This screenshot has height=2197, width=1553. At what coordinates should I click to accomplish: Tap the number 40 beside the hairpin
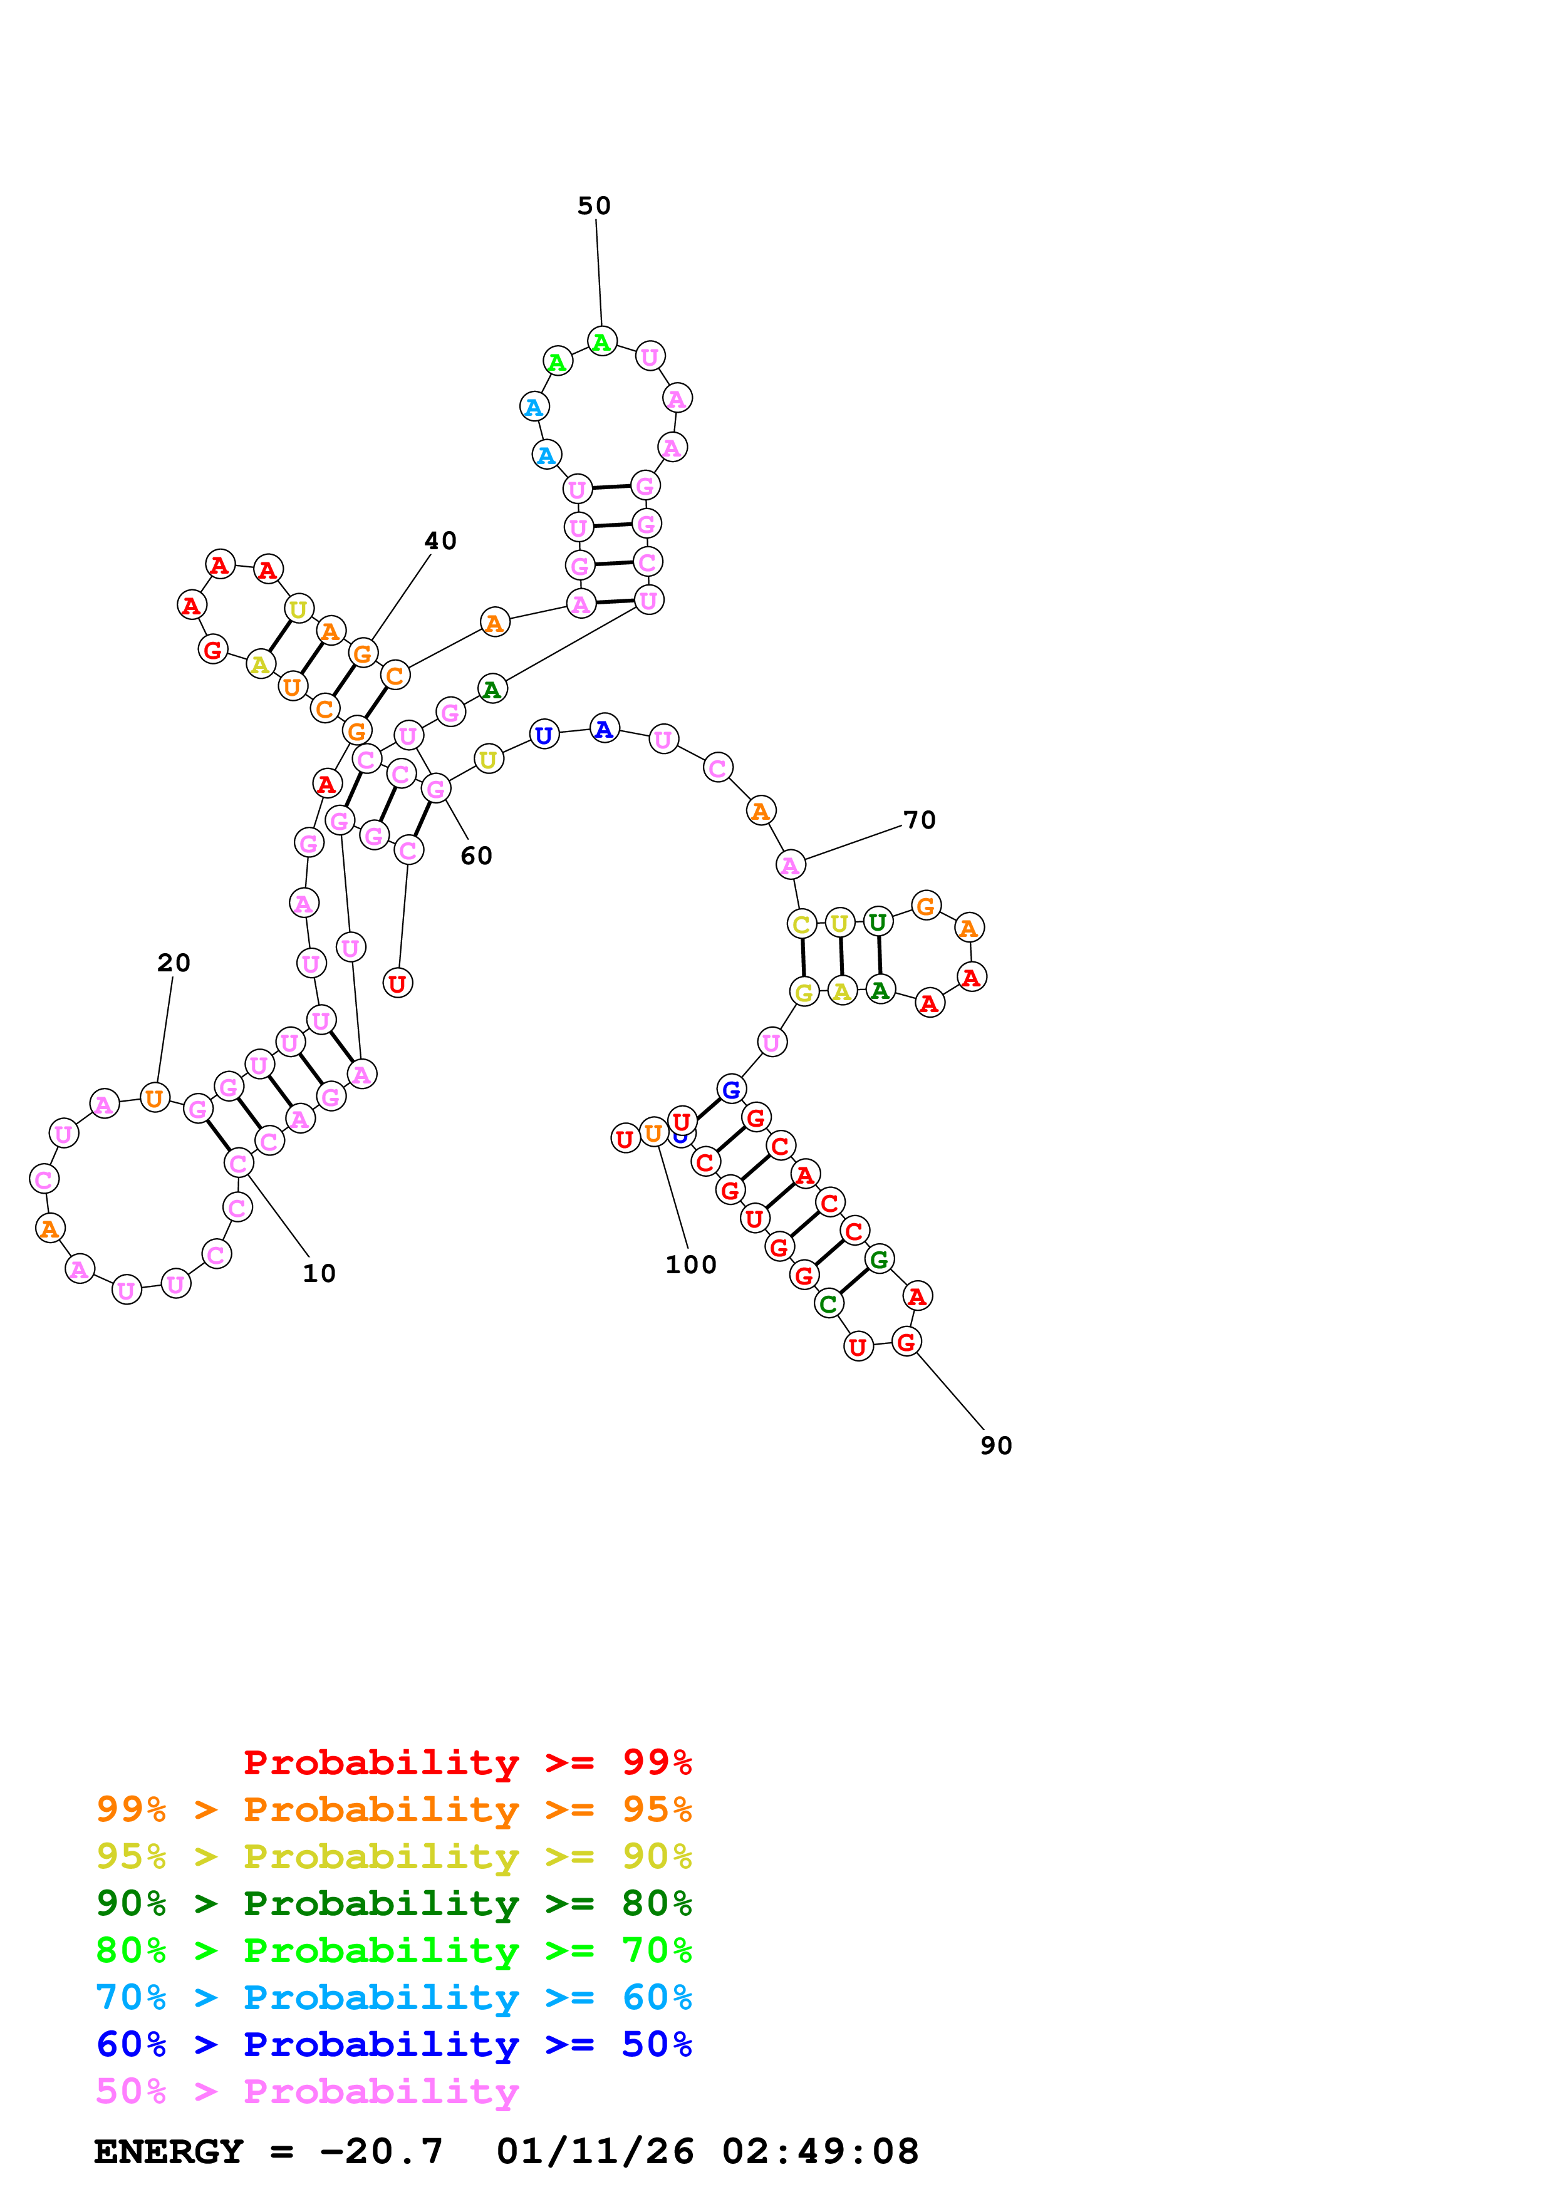(x=440, y=540)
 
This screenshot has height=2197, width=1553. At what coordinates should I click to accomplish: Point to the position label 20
(x=173, y=963)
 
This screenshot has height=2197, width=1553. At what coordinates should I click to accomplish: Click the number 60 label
(x=475, y=856)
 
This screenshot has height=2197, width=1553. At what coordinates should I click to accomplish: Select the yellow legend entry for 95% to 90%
(x=393, y=1856)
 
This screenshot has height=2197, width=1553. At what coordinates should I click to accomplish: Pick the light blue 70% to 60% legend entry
(x=393, y=1997)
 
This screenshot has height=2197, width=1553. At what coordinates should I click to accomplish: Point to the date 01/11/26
(x=595, y=2151)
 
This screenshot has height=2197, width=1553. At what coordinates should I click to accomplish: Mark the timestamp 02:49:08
(x=820, y=2151)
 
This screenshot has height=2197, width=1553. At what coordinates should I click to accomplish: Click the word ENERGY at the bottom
(x=169, y=2151)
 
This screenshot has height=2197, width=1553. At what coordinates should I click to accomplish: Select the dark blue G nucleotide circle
(x=731, y=1089)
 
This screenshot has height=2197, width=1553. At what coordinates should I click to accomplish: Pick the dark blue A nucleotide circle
(x=604, y=729)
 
